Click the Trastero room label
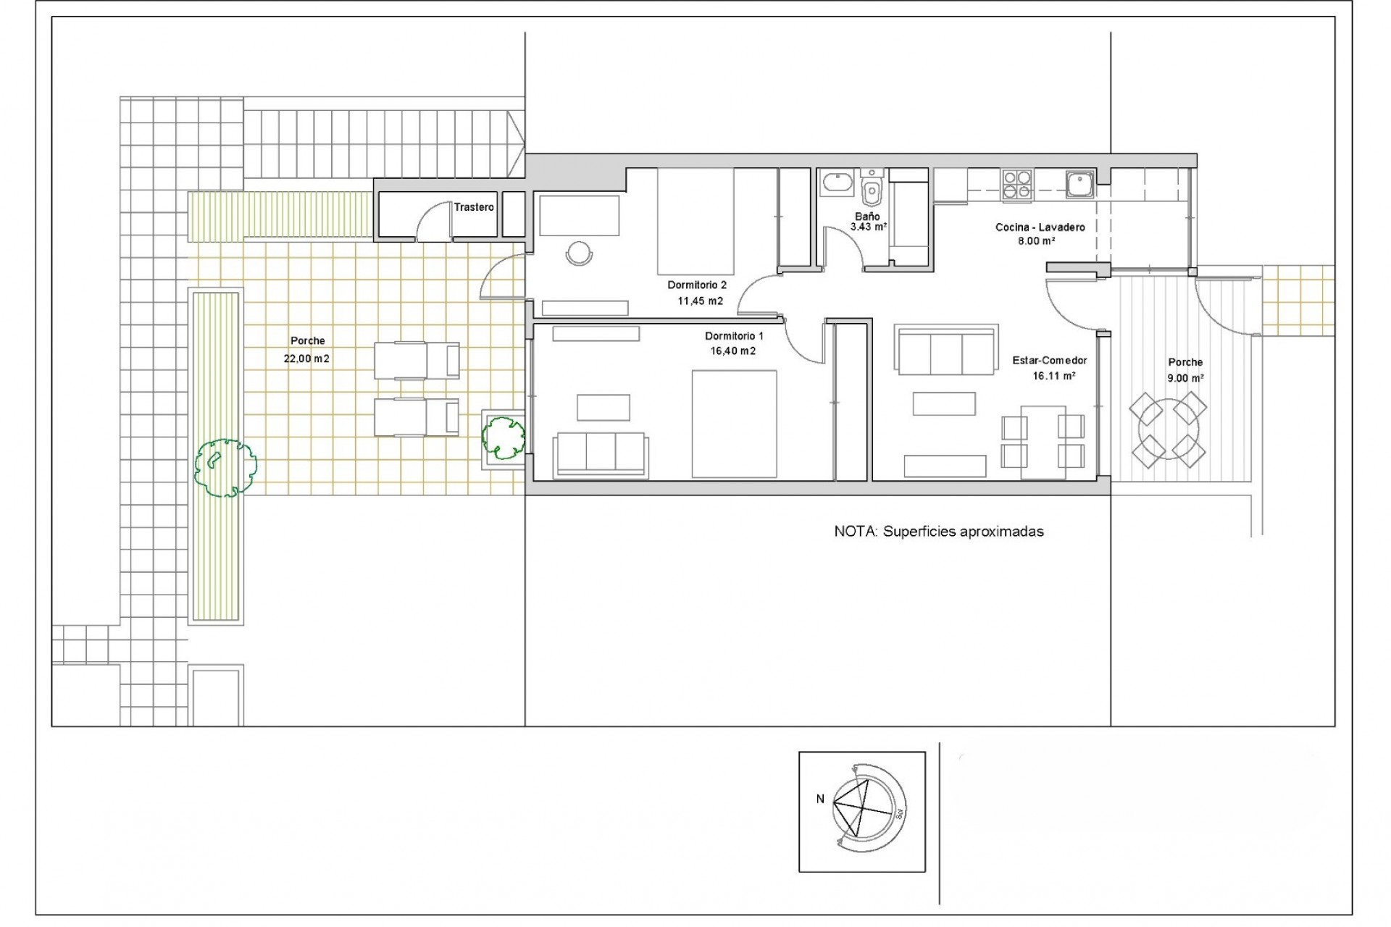(474, 207)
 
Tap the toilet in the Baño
(872, 192)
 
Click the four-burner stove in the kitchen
(1016, 184)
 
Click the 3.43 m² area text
(868, 227)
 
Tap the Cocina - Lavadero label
(1040, 227)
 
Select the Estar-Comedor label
(1049, 361)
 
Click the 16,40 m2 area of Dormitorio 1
(733, 351)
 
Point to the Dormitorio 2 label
(696, 285)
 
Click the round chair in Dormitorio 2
(579, 253)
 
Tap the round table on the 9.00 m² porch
(1168, 430)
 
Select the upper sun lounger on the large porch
(417, 360)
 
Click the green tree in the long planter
(225, 467)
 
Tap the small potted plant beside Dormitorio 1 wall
(503, 437)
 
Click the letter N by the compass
(820, 799)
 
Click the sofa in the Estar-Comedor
(945, 351)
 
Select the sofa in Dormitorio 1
(601, 455)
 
